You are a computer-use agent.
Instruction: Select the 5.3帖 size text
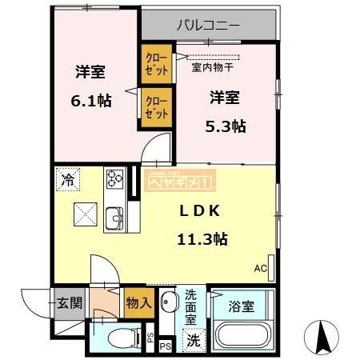click(x=227, y=126)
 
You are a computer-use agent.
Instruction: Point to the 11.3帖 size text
click(x=202, y=238)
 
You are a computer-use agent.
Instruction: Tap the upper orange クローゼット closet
click(x=156, y=63)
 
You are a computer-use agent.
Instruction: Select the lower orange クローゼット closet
click(x=156, y=108)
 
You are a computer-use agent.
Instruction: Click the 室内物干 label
click(x=213, y=67)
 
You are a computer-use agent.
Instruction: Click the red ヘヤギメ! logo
click(x=181, y=182)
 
